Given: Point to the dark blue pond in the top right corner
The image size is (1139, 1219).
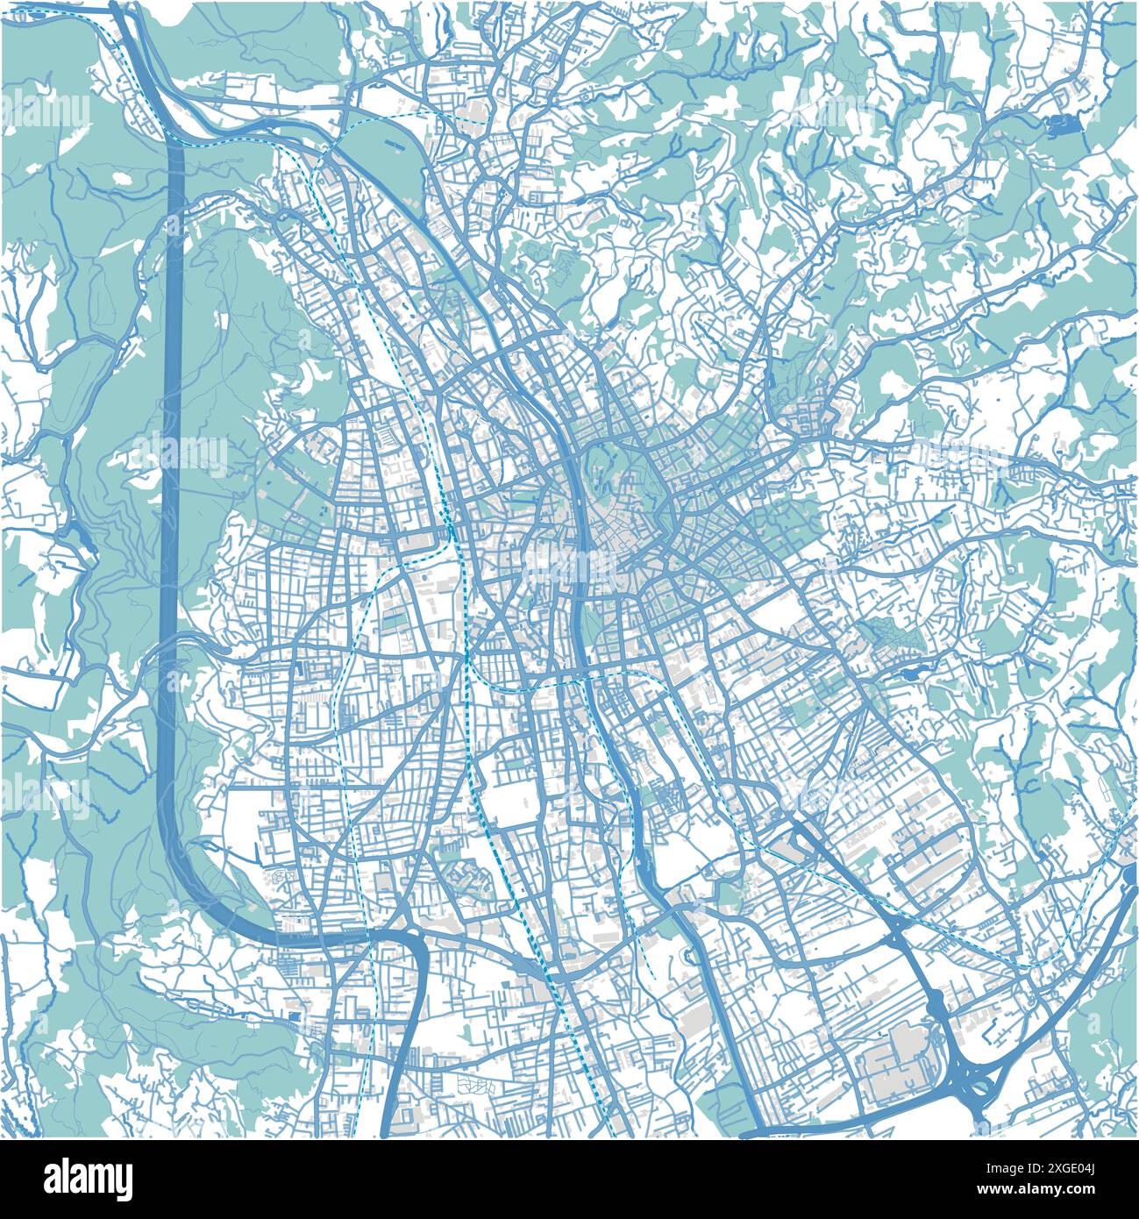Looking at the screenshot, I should [1064, 126].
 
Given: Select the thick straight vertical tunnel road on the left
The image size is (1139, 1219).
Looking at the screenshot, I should [173, 482].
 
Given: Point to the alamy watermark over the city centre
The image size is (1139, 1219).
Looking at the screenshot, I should [570, 566].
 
